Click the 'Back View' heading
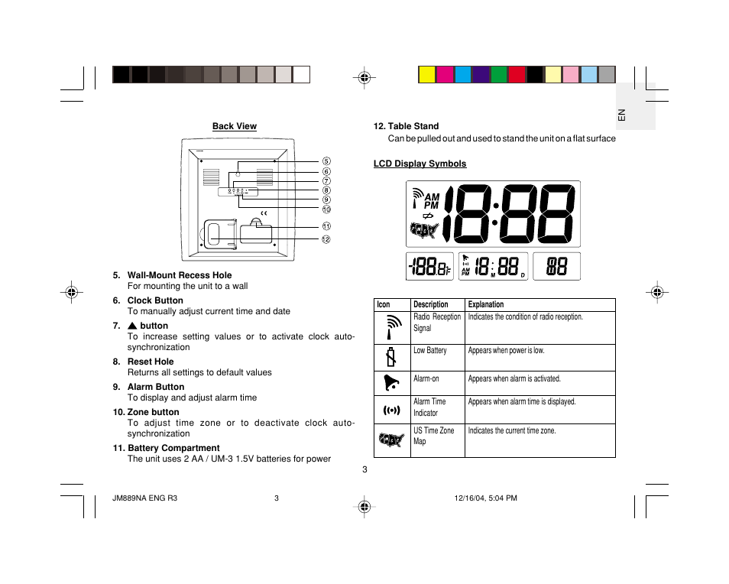[234, 126]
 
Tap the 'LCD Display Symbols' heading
[420, 164]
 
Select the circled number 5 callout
[326, 161]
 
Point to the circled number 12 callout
[326, 239]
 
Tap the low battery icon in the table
[391, 357]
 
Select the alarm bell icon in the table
[390, 382]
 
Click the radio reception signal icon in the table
[391, 326]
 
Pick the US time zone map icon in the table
[391, 440]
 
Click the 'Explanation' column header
[486, 304]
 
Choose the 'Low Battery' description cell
[429, 351]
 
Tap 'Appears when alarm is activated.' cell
[514, 379]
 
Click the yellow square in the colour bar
[427, 74]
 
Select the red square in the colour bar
[517, 74]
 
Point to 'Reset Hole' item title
[150, 362]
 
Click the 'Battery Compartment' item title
[173, 448]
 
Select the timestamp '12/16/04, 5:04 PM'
[485, 498]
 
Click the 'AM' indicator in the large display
[432, 197]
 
